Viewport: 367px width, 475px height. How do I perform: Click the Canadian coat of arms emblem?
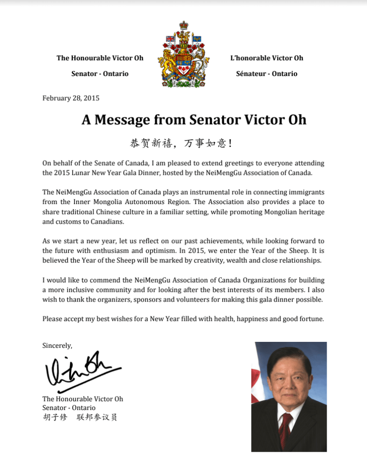(183, 55)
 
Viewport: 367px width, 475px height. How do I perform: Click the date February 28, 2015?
(71, 98)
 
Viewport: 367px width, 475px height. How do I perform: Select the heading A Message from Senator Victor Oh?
(194, 119)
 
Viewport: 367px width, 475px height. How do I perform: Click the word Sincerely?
(57, 345)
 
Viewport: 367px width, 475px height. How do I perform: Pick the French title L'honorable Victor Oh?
(267, 58)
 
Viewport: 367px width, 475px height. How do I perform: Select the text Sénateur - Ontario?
(267, 74)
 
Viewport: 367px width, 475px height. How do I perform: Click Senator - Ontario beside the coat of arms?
(100, 74)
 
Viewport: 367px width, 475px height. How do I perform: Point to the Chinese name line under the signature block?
(79, 417)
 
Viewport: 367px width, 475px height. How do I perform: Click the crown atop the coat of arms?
(184, 26)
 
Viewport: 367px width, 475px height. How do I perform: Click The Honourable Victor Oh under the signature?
(83, 399)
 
